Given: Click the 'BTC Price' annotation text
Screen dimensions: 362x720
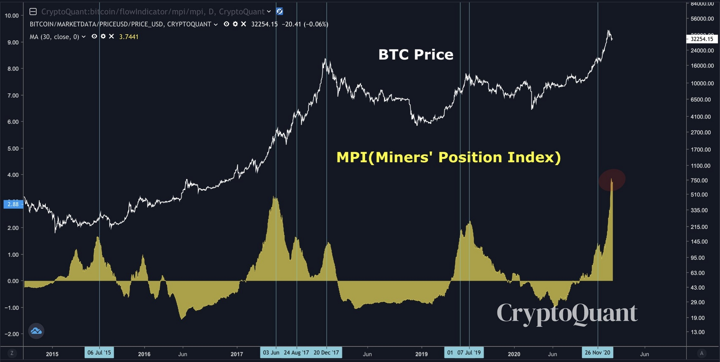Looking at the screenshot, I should (x=416, y=55).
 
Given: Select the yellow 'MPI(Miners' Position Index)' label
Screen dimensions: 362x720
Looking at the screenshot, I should (x=448, y=157).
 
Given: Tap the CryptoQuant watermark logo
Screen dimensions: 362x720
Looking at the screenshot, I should (x=567, y=313).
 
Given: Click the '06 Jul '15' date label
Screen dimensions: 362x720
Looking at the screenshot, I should (x=99, y=353).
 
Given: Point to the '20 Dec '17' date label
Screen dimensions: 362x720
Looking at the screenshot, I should (x=326, y=353).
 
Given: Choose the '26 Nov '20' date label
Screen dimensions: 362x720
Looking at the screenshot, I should (x=598, y=353).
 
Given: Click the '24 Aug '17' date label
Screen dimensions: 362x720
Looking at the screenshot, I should (x=296, y=353).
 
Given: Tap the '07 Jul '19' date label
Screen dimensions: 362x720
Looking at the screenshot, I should (x=469, y=353).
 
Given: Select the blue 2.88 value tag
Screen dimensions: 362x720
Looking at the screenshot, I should (x=13, y=204).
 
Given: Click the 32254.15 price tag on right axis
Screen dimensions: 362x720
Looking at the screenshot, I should (x=702, y=39).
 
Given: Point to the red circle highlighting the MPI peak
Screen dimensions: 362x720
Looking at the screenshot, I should (x=612, y=180).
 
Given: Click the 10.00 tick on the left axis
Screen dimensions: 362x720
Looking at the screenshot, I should (x=12, y=15).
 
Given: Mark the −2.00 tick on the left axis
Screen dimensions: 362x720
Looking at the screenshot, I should (x=12, y=334).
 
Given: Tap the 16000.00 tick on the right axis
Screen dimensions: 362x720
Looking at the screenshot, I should (x=702, y=66).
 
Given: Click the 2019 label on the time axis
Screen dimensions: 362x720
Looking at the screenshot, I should (x=422, y=354).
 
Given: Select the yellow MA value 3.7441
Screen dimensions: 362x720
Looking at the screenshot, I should (x=129, y=37).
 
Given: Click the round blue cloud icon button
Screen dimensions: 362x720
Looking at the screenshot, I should (x=36, y=331).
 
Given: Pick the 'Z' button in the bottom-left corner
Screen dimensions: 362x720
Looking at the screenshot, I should (x=12, y=353).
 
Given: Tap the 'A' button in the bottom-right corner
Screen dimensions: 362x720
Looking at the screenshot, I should (x=701, y=353).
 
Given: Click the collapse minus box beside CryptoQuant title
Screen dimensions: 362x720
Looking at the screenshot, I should (x=33, y=12).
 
